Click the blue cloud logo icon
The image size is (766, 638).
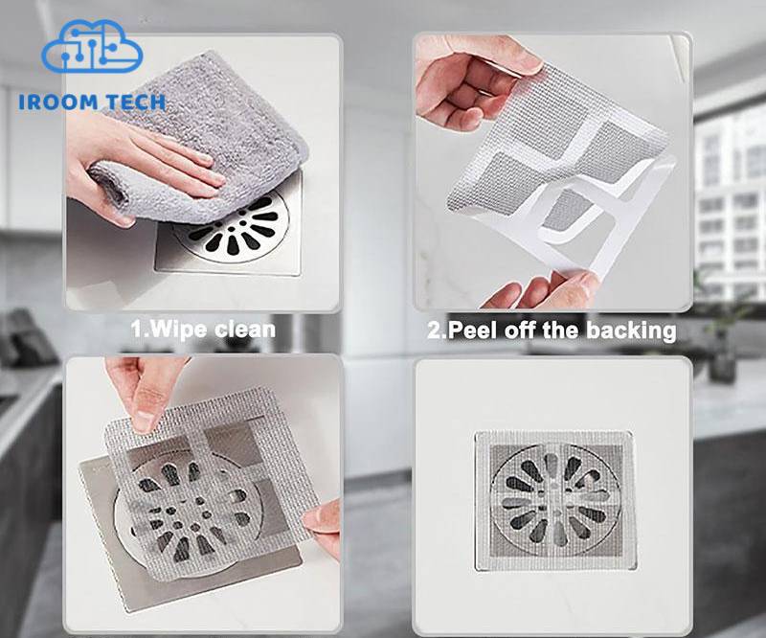coord(92,46)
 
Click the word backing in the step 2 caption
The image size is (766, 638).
coord(631,330)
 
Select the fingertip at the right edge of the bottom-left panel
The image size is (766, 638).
coord(322,521)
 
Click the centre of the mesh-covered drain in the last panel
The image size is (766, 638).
coord(555,501)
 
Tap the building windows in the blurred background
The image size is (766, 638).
coord(731,205)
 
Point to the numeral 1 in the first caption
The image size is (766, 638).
coord(137,329)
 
